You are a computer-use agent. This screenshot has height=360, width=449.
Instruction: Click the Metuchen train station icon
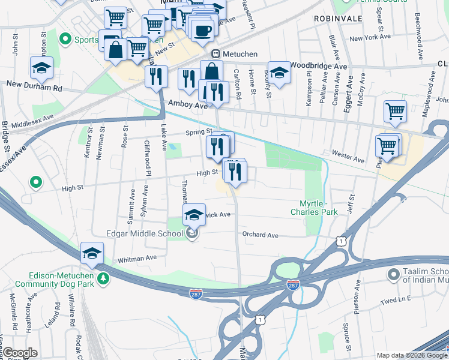coord(215,53)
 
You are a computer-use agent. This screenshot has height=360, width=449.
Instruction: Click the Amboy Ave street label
coord(187,105)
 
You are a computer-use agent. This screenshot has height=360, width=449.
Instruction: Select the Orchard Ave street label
coord(260,235)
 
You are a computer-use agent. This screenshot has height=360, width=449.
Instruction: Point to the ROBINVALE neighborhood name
coord(338,19)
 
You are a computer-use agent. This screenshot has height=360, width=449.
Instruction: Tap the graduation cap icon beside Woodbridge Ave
coord(279,73)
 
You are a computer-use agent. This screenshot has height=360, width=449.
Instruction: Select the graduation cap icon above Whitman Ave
coord(92,253)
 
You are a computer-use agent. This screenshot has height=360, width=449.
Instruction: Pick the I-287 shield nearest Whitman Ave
coord(197,293)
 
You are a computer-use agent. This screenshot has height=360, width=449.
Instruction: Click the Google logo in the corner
coord(20,353)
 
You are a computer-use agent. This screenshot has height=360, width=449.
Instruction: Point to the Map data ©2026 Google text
coord(411,355)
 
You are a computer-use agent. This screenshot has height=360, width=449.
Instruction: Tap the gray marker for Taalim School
coord(393,275)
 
